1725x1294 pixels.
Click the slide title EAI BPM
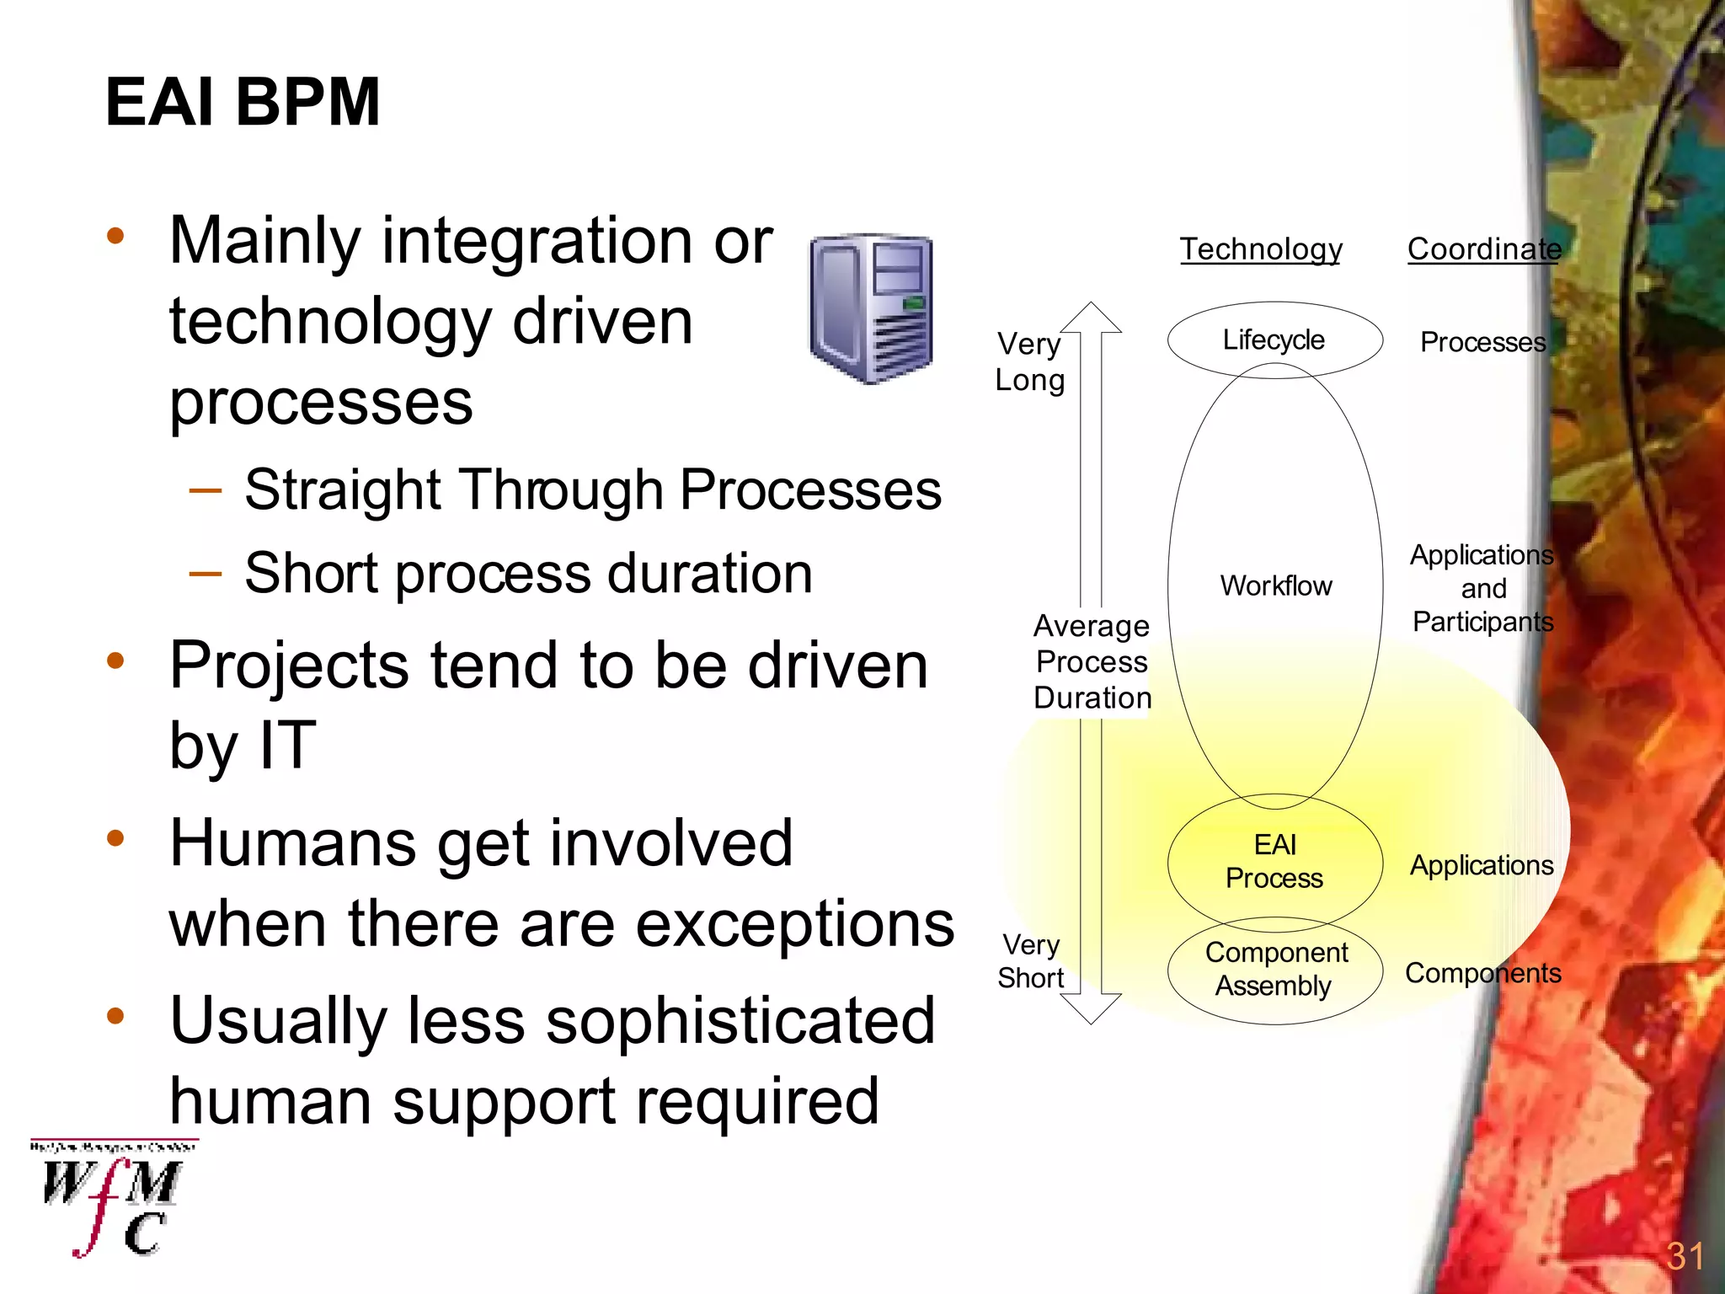243,102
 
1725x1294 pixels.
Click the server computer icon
871,308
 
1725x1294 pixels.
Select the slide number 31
1685,1256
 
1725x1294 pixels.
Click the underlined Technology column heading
1260,249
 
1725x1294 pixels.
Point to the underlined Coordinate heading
1484,249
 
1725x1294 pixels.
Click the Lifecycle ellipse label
1274,340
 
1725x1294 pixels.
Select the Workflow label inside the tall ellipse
1275,586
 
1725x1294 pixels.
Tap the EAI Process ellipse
1274,862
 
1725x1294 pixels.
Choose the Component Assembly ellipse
1275,970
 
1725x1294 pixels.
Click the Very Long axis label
1029,362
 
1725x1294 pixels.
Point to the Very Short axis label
1031,961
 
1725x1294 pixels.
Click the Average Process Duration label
1092,662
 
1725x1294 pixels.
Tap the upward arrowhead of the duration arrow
1091,318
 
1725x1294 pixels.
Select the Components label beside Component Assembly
1482,973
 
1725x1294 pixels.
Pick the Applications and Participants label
1482,588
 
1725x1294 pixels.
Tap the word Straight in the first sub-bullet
342,490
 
